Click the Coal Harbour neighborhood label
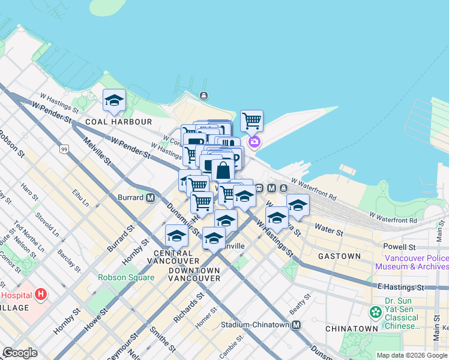coord(119,122)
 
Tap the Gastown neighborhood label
coord(339,256)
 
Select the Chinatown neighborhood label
coord(351,329)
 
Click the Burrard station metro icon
coord(150,197)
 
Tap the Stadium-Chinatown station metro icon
coord(296,325)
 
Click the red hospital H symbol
coord(41,294)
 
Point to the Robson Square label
coord(125,278)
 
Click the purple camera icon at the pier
coord(255,142)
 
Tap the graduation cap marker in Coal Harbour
coord(113,100)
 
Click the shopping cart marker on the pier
coord(252,121)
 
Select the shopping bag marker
coord(223,170)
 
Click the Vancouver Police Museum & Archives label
coord(412,262)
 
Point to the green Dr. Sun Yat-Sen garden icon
coord(376,312)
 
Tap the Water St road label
coord(328,230)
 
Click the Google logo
coord(20,353)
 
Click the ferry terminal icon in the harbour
coord(205,95)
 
